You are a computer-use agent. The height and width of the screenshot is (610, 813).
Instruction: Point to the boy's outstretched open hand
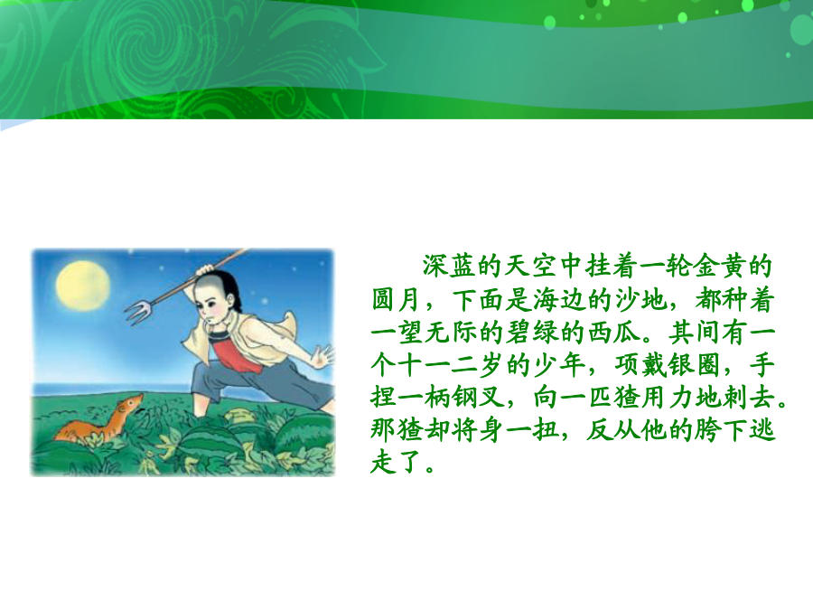[x=324, y=357]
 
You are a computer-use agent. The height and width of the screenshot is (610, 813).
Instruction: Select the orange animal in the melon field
[x=99, y=419]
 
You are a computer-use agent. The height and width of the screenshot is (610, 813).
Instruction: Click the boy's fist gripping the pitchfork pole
[x=205, y=270]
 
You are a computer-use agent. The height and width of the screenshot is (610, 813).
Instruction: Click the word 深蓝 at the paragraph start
[x=449, y=266]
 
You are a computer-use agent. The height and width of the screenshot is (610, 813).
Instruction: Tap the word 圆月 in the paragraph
[x=397, y=299]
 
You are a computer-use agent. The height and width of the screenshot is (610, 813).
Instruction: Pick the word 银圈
[x=695, y=365]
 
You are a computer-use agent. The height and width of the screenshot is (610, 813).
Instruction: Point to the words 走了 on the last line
[x=397, y=463]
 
